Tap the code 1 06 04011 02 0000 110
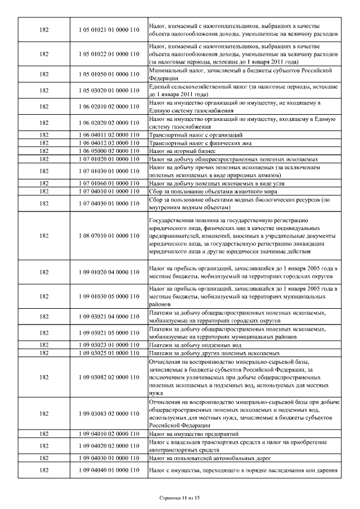(x=110, y=135)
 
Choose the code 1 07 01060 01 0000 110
(x=110, y=183)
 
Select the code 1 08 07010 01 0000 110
(x=110, y=235)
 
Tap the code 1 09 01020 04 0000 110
(x=110, y=272)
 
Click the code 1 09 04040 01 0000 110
(x=110, y=469)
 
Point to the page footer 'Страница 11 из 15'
(x=180, y=498)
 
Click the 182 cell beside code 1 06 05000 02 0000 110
(x=44, y=151)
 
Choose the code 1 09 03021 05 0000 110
(x=110, y=332)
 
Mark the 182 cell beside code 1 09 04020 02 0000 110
(x=44, y=446)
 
